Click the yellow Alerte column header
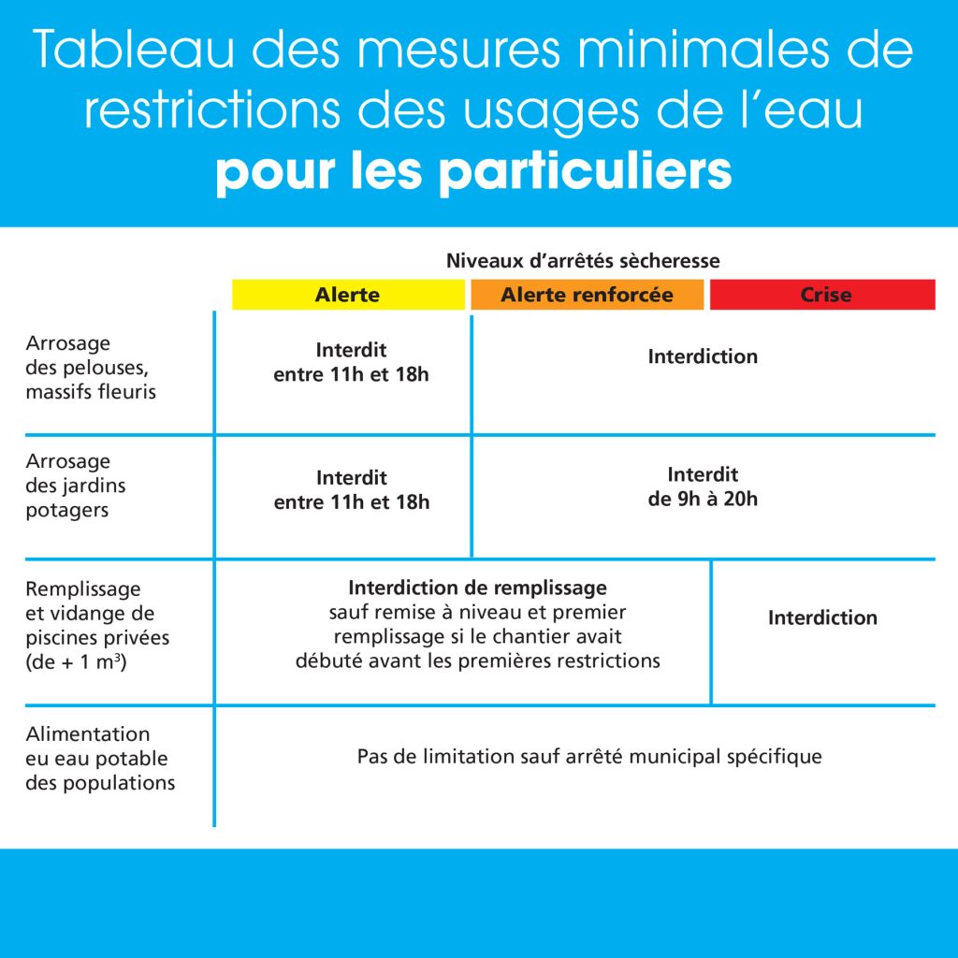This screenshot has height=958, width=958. click(348, 295)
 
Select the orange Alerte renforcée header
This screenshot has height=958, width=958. click(587, 295)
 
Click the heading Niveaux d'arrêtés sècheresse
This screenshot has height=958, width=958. click(583, 260)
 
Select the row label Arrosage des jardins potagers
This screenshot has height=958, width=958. click(76, 486)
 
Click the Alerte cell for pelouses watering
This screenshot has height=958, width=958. click(351, 362)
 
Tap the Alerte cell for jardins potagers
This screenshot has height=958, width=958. click(351, 490)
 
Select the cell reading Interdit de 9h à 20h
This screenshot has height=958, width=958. click(703, 486)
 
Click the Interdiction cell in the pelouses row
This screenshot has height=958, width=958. click(703, 356)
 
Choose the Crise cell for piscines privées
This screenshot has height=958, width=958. click(822, 617)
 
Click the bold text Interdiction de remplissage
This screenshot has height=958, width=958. click(477, 588)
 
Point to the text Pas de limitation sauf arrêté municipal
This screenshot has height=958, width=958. click(589, 756)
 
